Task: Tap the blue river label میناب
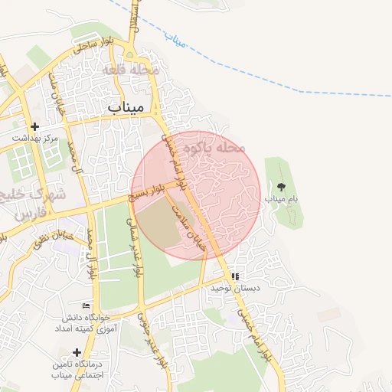[176, 41]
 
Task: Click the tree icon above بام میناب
[281, 186]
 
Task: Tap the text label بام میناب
[281, 198]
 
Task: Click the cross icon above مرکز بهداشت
[34, 126]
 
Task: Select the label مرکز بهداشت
[34, 138]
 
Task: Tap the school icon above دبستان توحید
[236, 276]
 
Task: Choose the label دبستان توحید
[236, 288]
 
